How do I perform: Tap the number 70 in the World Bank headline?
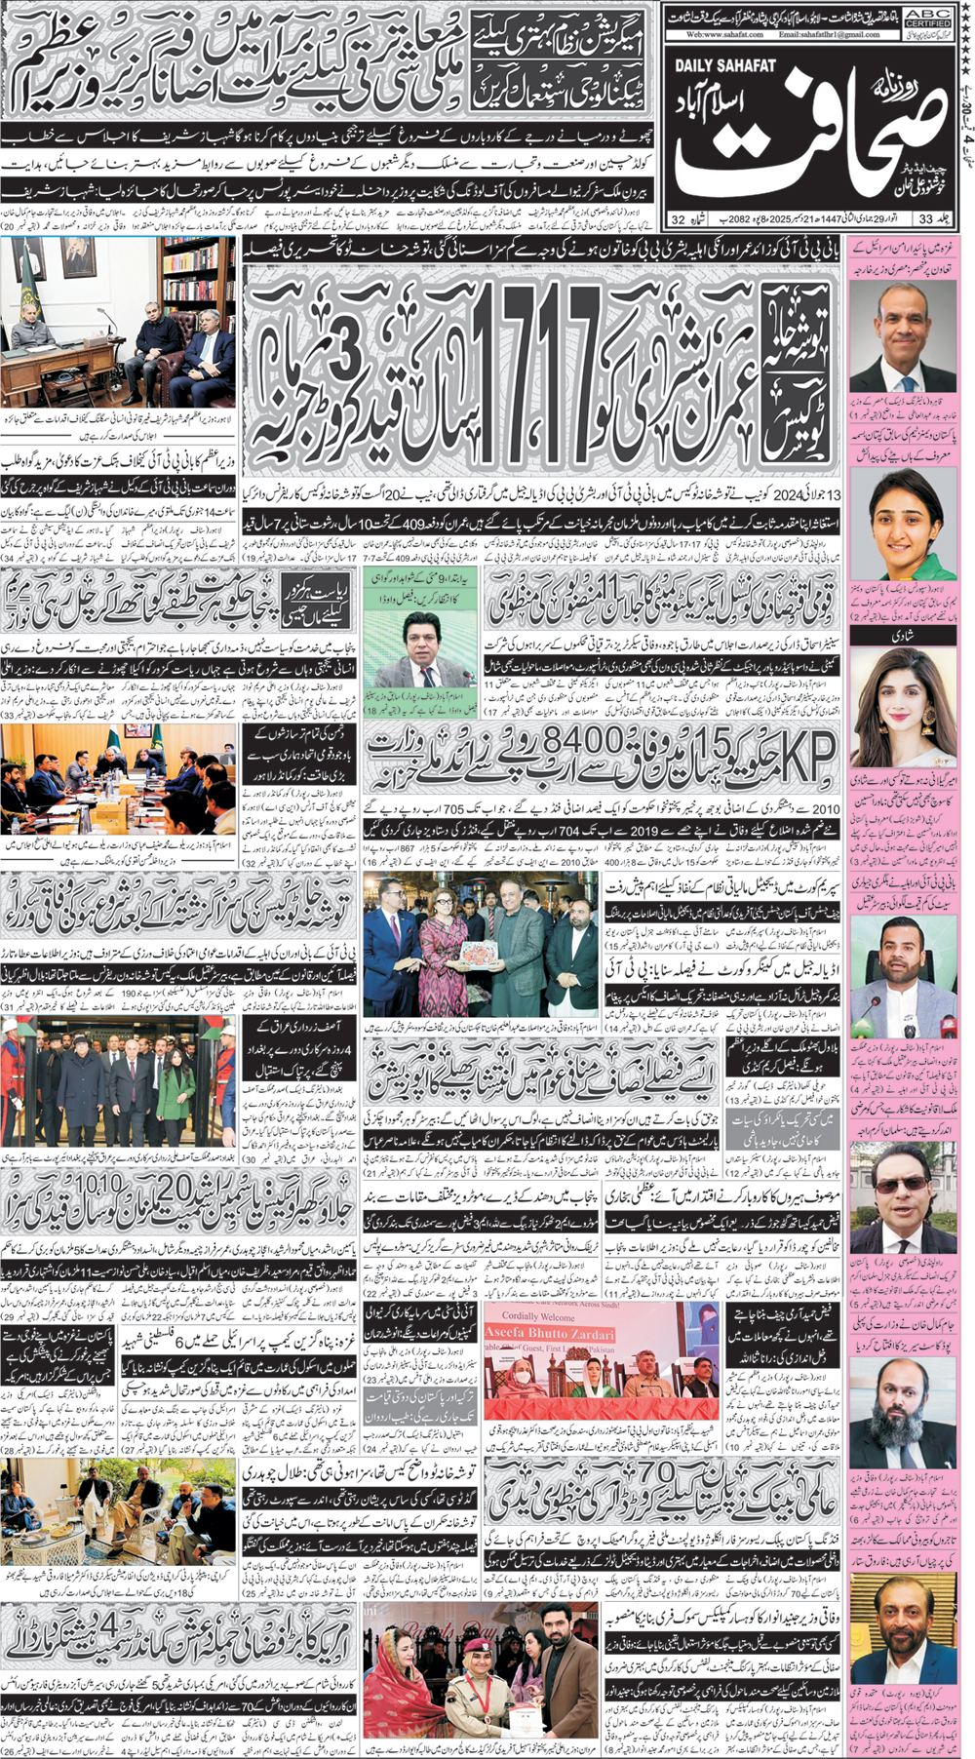(x=652, y=1473)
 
